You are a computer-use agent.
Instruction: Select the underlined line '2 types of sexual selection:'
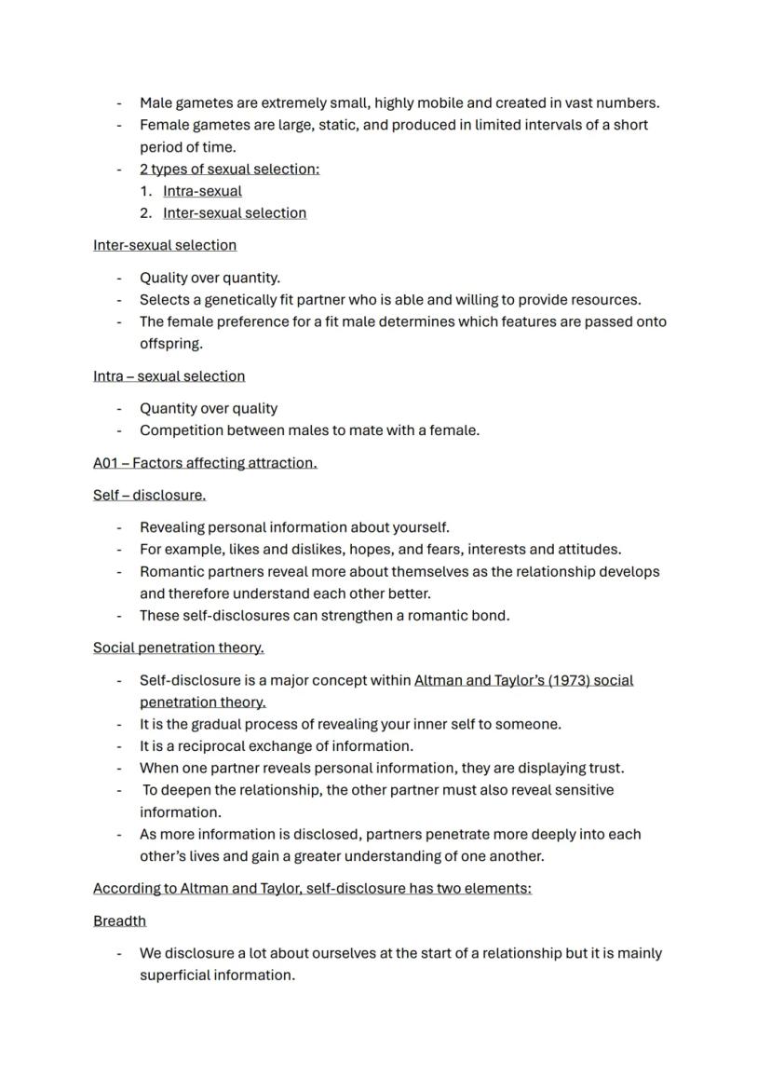229,169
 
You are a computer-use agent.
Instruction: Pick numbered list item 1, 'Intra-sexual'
202,191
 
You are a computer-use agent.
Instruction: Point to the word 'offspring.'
170,344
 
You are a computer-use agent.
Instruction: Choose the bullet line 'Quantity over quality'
209,408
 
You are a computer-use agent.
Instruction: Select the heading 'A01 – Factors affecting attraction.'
205,463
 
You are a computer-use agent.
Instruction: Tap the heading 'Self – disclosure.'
149,495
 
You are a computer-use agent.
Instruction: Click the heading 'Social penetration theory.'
178,648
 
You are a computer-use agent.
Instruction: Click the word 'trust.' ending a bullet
605,769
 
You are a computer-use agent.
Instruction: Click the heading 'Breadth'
119,921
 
